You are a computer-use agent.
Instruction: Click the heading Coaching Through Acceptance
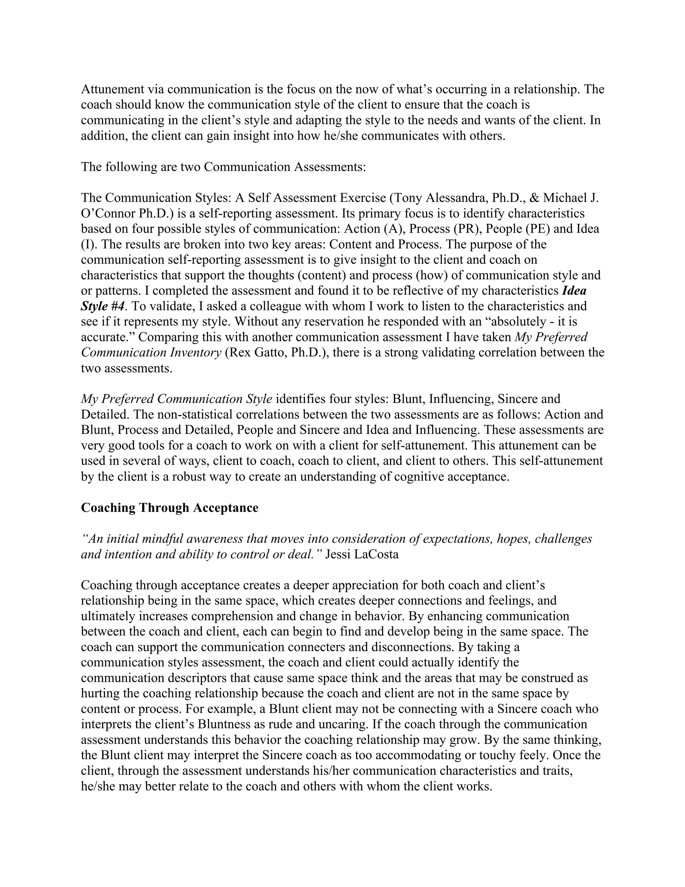tap(170, 508)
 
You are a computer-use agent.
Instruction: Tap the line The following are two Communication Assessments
tap(223, 167)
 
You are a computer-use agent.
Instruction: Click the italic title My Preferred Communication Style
tap(177, 399)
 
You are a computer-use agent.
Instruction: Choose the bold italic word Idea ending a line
tap(574, 291)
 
